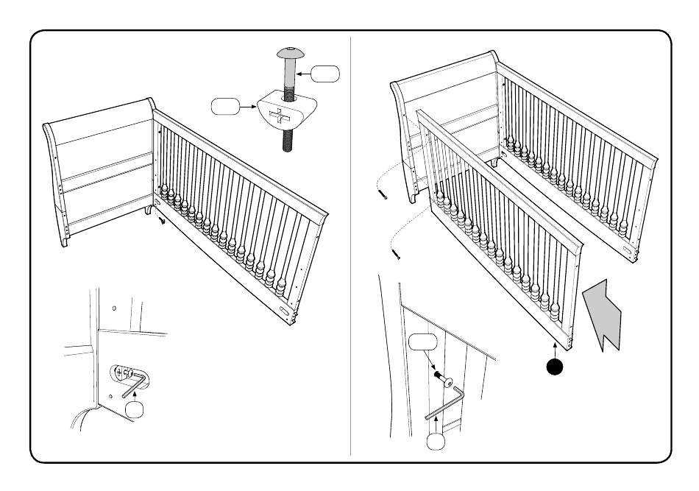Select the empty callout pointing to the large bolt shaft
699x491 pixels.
click(324, 74)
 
